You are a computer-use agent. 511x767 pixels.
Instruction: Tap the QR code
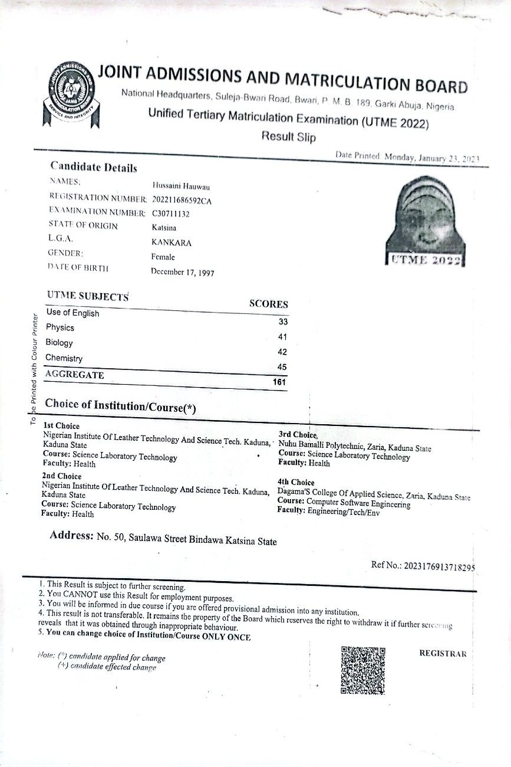[x=363, y=670]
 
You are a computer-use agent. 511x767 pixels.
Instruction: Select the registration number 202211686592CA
[x=181, y=200]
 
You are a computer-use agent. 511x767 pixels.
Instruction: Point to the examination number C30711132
[x=170, y=214]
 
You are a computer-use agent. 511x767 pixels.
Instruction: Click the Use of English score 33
[x=282, y=322]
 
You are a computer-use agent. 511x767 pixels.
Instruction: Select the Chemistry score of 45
[x=282, y=367]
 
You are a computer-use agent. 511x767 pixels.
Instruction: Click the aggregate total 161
[x=279, y=382]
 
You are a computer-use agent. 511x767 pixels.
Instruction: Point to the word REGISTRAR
[x=443, y=654]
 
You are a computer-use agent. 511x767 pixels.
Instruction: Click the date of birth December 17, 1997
[x=182, y=272]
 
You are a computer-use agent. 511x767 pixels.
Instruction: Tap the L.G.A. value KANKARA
[x=172, y=242]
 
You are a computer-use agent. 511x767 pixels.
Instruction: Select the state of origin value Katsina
[x=164, y=227]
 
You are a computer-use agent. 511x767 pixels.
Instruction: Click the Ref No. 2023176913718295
[x=439, y=566]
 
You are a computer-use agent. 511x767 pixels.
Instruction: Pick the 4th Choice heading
[x=296, y=482]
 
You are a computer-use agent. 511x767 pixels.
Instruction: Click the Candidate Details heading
[x=93, y=168]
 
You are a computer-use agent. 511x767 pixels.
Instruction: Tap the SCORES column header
[x=269, y=304]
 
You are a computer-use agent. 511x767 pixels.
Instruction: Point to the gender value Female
[x=163, y=257]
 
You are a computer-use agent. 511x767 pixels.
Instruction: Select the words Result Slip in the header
[x=289, y=137]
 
